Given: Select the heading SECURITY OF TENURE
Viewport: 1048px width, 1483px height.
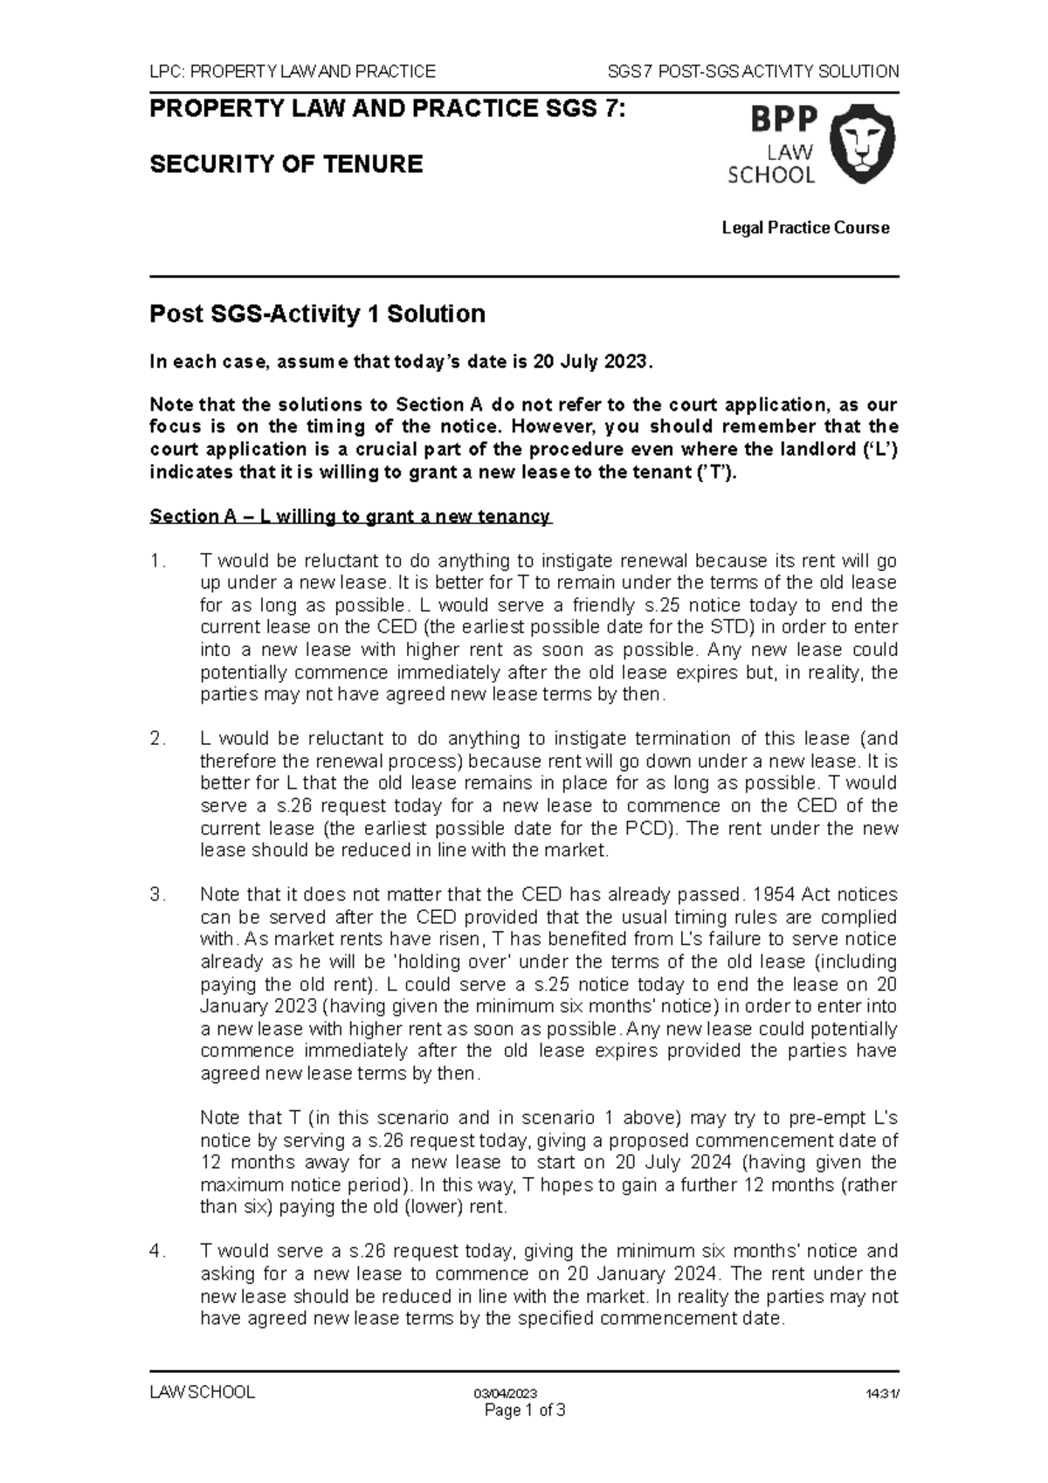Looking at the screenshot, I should (286, 164).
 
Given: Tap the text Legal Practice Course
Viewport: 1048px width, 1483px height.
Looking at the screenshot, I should (804, 228).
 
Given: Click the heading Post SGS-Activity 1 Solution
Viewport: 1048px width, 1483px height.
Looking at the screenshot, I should (317, 314).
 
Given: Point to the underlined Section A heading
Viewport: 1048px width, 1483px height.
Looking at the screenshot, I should (350, 516).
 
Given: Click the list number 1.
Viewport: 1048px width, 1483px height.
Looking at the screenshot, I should (157, 561).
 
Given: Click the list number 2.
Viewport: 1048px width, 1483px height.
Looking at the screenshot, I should (157, 739).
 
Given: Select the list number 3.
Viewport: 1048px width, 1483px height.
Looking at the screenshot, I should (157, 894).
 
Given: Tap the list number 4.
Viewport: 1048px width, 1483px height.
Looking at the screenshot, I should (157, 1252).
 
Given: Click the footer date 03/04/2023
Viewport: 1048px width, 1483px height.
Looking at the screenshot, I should (506, 1393).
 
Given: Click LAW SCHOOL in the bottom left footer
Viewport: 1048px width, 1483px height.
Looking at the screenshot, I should (202, 1392).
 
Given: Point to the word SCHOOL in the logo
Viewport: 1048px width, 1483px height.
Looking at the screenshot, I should (771, 175).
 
